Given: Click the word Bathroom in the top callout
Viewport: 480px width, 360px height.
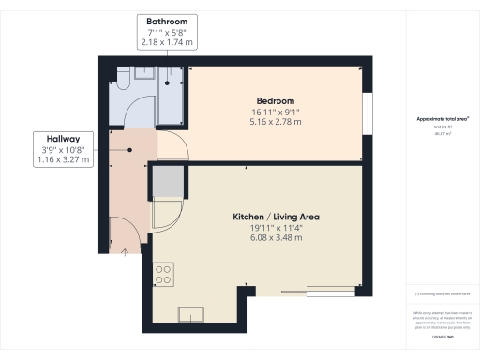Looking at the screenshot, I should pyautogui.click(x=168, y=21).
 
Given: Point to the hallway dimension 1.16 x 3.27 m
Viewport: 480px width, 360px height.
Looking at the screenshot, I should pyautogui.click(x=64, y=159).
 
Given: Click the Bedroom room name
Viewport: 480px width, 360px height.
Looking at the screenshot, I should pyautogui.click(x=276, y=100).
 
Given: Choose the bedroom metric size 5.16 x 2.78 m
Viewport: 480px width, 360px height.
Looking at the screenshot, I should pyautogui.click(x=276, y=121).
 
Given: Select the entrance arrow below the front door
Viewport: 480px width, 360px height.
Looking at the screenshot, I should pyautogui.click(x=126, y=250).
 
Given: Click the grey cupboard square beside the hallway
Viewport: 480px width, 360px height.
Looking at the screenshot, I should pyautogui.click(x=167, y=179).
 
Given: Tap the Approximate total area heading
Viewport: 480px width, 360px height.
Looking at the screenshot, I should pyautogui.click(x=442, y=119).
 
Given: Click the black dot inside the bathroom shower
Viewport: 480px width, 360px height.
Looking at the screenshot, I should pyautogui.click(x=168, y=83).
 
